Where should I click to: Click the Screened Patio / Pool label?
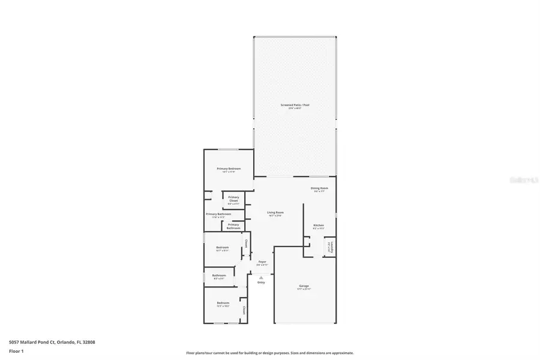[295, 105]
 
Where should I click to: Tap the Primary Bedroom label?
[229, 169]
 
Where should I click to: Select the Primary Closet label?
[233, 199]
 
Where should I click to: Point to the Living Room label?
[275, 212]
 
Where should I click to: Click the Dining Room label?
[319, 188]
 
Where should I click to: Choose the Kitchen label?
[318, 226]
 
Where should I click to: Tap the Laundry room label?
[329, 247]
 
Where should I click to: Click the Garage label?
[304, 286]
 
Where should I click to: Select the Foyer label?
[262, 262]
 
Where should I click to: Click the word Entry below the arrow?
[261, 282]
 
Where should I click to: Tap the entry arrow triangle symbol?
[261, 277]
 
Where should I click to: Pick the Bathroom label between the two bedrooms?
[219, 275]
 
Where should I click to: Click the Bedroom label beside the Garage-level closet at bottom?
[223, 303]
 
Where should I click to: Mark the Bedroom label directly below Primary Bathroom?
[223, 247]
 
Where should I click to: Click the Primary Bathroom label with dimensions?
[218, 214]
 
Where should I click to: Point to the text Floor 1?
[16, 352]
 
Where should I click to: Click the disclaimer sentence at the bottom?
[269, 353]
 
